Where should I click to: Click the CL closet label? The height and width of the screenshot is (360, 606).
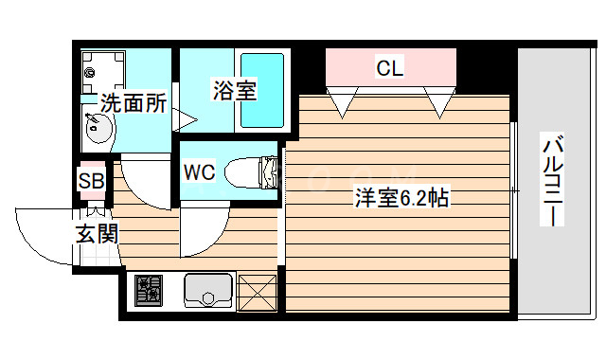390,68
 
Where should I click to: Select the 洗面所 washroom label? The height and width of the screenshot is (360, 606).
134,103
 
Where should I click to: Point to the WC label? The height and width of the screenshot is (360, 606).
199,172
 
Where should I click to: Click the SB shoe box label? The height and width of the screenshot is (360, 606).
92,180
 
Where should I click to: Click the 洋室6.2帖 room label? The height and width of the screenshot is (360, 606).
401,199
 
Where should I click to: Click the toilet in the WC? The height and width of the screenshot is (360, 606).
257,171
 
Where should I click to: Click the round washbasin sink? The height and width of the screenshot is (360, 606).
98,130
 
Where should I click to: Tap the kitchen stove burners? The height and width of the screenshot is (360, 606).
150,290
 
